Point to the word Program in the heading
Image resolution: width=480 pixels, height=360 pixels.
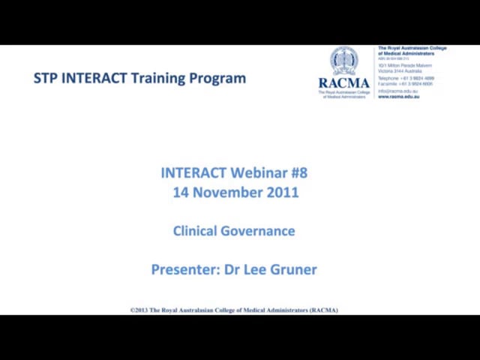coord(220,78)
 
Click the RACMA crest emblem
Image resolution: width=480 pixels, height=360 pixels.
coord(344,61)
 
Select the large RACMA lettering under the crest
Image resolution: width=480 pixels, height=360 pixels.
coord(344,83)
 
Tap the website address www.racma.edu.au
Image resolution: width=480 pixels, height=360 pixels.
coord(398,97)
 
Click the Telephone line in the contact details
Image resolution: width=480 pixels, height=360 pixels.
coord(405,78)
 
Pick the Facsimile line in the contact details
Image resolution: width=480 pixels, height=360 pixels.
coord(405,84)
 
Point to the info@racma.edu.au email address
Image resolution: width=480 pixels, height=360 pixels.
coord(397,91)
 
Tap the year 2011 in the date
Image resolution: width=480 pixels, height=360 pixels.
coord(282,193)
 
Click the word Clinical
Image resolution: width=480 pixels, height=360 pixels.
coord(195,231)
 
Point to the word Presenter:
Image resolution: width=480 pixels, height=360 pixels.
coord(185,270)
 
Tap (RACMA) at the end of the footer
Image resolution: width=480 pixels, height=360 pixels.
coord(323,310)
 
